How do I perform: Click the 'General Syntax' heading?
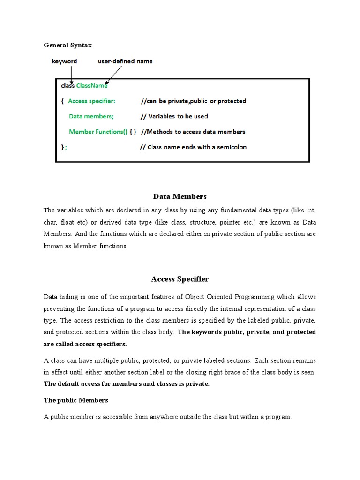point(68,45)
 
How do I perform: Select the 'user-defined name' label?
point(125,61)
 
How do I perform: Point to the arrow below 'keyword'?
point(71,74)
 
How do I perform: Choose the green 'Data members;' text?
point(91,116)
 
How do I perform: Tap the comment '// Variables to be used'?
point(174,116)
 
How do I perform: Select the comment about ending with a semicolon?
point(193,147)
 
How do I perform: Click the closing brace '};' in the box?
point(64,147)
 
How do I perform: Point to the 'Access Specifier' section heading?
point(180,279)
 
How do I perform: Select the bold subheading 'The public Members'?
point(76,400)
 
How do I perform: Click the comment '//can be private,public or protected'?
point(194,101)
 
